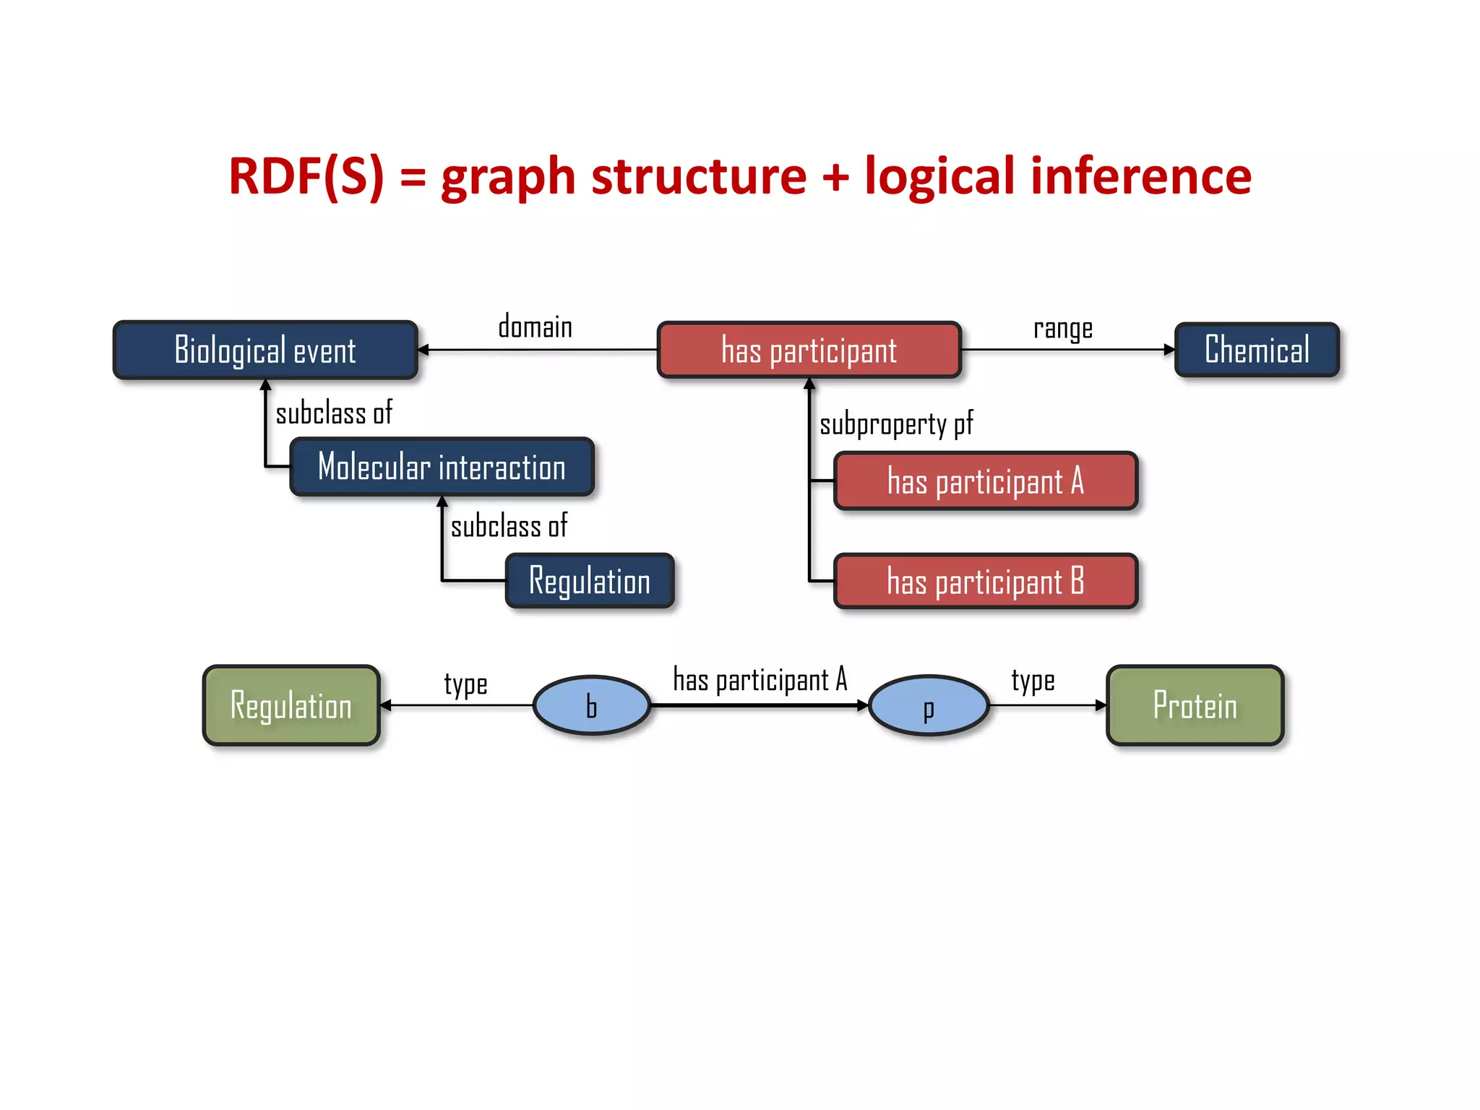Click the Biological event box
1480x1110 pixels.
[265, 350]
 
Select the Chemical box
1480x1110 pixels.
[1257, 350]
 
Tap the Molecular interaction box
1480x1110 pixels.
[442, 467]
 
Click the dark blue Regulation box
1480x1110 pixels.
[590, 581]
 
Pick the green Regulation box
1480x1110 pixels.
[291, 705]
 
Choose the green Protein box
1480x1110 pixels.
[1195, 705]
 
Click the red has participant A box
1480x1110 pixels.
[986, 481]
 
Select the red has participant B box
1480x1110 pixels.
[986, 581]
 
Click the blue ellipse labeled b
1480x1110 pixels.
[592, 705]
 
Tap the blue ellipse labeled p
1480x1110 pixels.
[929, 705]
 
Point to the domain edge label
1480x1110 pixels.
[535, 327]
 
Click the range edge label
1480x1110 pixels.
[1062, 329]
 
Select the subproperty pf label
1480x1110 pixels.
[896, 424]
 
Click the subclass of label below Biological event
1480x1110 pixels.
[334, 413]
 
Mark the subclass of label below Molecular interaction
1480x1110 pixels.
[509, 526]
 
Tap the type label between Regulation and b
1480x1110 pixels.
[465, 684]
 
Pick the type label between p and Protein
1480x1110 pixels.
[1033, 681]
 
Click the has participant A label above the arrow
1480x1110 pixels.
[760, 680]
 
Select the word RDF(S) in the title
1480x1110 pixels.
[306, 176]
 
